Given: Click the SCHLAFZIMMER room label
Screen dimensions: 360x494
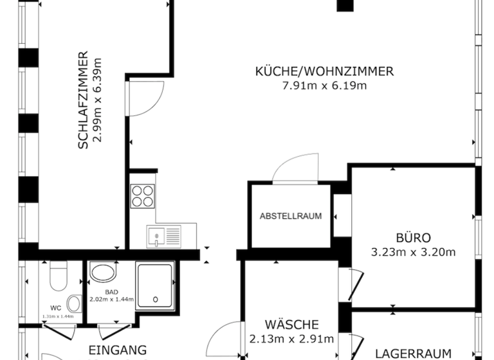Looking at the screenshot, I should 82,100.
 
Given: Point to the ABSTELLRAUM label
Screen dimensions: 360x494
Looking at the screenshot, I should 291,216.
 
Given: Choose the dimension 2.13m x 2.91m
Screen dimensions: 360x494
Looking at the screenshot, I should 291,339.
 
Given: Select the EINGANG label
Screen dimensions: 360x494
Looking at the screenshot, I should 116,350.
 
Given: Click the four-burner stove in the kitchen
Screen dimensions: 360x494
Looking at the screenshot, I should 142,195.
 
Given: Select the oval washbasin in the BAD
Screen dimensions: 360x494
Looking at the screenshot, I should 102,273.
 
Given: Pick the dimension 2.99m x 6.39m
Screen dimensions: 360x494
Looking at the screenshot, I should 98,100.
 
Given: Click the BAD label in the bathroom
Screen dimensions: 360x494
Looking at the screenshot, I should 102,291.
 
